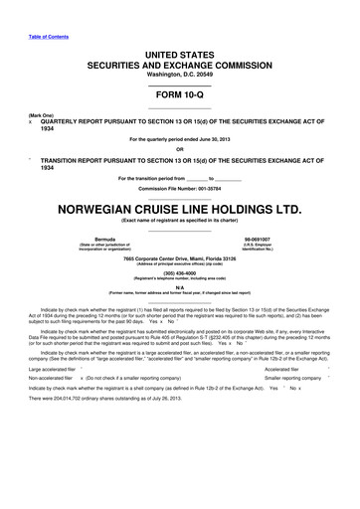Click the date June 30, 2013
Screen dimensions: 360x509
coord(223,140)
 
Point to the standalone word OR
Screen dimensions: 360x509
coord(180,150)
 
